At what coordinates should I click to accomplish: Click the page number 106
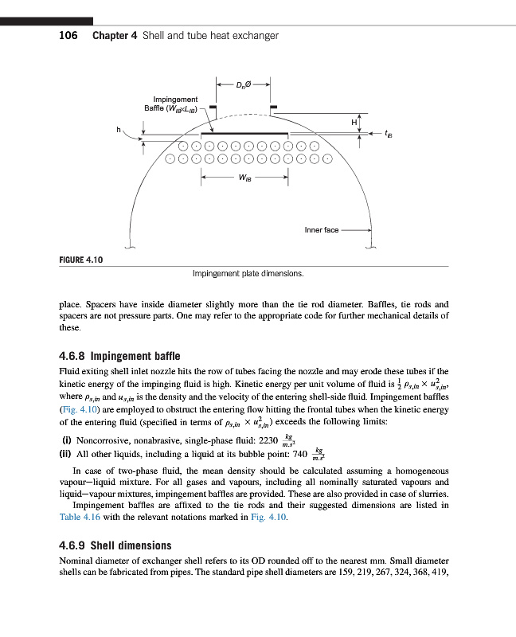click(68, 36)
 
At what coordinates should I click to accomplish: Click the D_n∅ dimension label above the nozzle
click(244, 83)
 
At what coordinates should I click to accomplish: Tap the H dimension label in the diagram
click(354, 122)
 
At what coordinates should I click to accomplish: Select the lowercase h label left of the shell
click(119, 129)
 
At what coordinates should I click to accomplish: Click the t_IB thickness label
click(388, 135)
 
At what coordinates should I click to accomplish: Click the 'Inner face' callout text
click(322, 230)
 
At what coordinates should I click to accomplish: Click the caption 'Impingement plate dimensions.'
click(248, 273)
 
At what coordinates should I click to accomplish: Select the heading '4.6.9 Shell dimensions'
click(115, 545)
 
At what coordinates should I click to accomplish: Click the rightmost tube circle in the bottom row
click(326, 158)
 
